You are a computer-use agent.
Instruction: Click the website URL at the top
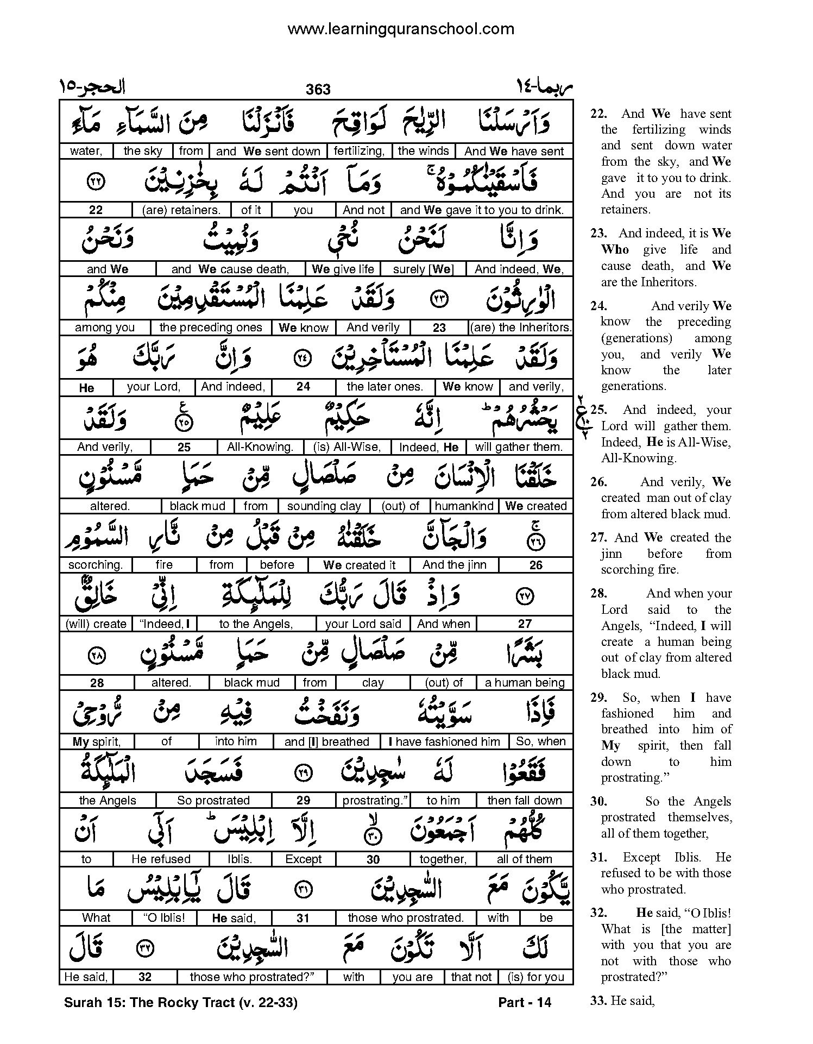tap(400, 29)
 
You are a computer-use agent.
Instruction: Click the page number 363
tap(318, 89)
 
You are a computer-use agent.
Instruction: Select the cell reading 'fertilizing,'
tap(359, 152)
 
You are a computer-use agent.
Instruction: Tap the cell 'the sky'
tap(143, 152)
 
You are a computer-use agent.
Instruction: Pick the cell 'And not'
tap(363, 210)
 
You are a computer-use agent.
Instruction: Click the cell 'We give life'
tap(343, 269)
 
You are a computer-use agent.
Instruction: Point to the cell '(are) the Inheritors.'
tap(520, 328)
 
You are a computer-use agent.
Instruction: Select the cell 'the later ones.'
tap(385, 387)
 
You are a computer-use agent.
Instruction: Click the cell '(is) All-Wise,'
tap(347, 447)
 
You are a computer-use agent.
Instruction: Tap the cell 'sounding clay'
tap(324, 506)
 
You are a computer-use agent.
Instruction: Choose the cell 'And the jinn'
tap(454, 565)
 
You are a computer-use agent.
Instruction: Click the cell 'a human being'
tap(525, 683)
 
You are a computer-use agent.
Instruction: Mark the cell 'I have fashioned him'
tap(444, 742)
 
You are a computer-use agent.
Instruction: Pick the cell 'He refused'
tap(161, 859)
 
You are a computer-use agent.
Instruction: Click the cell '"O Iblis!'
tap(164, 918)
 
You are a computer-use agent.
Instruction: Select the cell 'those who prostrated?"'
tap(252, 977)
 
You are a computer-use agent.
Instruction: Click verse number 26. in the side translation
tap(598, 482)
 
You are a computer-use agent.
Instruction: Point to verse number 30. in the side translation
tap(598, 801)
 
